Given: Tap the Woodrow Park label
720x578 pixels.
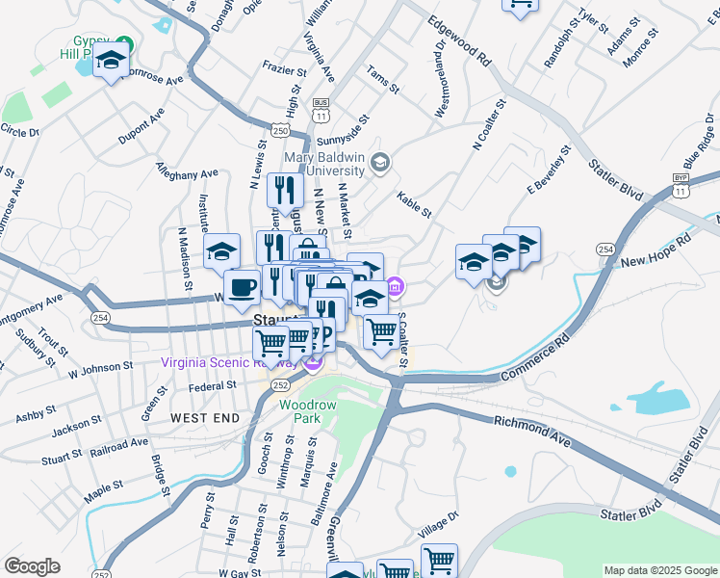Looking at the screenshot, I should pyautogui.click(x=308, y=412).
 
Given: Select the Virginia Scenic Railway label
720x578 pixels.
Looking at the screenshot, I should pyautogui.click(x=231, y=363).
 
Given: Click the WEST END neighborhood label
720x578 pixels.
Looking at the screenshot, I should pyautogui.click(x=204, y=418).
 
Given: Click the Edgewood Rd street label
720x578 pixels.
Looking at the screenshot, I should pyautogui.click(x=460, y=39).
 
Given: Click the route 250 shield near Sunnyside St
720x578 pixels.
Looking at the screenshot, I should pyautogui.click(x=280, y=130).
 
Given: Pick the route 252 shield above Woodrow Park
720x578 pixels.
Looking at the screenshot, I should pyautogui.click(x=279, y=384).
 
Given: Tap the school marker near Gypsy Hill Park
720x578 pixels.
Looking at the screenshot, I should pyautogui.click(x=112, y=64).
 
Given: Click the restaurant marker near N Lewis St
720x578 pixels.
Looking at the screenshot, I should pyautogui.click(x=286, y=189).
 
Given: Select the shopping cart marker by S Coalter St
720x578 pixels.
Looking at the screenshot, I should pyautogui.click(x=382, y=332).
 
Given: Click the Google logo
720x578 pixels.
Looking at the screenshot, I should pyautogui.click(x=32, y=566).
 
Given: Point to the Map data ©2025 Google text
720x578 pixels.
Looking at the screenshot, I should pyautogui.click(x=659, y=570).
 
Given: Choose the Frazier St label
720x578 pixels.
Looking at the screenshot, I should pyautogui.click(x=285, y=69).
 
